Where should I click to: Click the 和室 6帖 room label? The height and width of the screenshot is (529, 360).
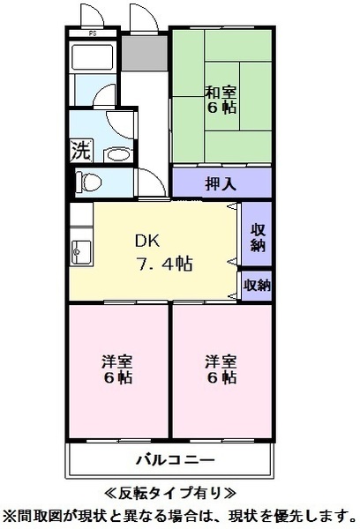click(x=221, y=99)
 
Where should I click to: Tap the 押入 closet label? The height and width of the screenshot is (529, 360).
click(x=221, y=183)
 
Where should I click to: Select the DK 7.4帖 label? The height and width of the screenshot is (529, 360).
click(x=163, y=252)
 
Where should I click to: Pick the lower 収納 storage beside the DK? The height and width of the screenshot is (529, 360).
click(x=257, y=285)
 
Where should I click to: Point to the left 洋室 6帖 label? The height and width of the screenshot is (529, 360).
click(x=117, y=369)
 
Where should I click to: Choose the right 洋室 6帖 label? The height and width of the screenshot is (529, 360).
click(x=221, y=369)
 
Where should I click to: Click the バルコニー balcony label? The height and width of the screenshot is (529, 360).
click(x=175, y=460)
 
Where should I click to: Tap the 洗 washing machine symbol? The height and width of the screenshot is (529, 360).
click(x=80, y=150)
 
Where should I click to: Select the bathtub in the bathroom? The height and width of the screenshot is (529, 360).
click(x=93, y=59)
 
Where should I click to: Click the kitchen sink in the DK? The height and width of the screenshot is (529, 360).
click(x=80, y=250)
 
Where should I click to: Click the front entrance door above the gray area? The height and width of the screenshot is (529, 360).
click(x=141, y=19)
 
